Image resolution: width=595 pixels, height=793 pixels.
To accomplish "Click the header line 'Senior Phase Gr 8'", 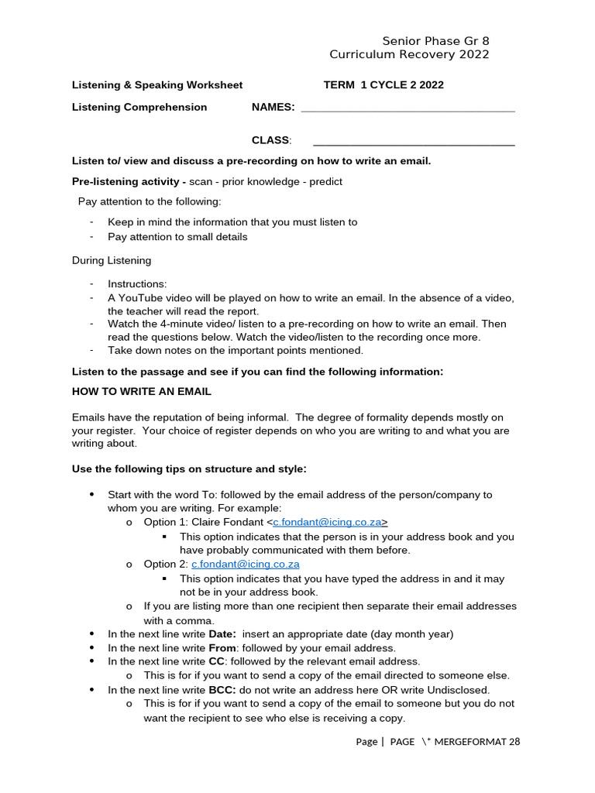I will tap(435, 41).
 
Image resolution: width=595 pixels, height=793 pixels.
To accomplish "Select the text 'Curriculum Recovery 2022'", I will tap(409, 54).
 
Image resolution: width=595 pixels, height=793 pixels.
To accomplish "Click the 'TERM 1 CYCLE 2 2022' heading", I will tap(383, 85).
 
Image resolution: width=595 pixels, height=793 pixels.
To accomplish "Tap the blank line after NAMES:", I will tap(408, 108).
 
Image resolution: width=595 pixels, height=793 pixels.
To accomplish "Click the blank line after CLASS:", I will tap(414, 140).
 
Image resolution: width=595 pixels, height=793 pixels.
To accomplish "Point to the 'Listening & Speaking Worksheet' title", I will tap(157, 85).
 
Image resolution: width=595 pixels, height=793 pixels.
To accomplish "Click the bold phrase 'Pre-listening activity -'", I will tap(129, 181).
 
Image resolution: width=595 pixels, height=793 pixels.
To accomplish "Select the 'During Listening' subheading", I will tap(112, 260).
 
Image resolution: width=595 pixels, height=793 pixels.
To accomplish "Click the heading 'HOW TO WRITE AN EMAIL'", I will tap(142, 392).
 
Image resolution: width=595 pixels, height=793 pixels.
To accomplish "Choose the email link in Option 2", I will tap(246, 565).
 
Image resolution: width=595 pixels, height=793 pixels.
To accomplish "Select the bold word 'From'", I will tap(222, 648).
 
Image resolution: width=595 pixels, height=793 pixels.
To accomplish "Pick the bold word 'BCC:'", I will tap(222, 690).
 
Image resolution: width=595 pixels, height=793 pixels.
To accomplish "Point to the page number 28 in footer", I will tap(514, 742).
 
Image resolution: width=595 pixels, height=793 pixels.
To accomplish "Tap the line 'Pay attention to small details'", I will tap(177, 237).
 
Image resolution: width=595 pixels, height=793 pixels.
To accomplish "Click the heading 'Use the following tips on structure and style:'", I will tap(190, 469).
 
